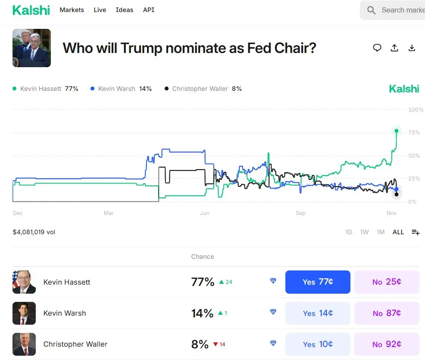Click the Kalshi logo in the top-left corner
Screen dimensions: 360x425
[x=31, y=10]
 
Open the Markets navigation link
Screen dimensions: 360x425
[x=72, y=10]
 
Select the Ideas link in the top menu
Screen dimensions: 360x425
[x=125, y=10]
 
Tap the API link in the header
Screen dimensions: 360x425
[x=149, y=10]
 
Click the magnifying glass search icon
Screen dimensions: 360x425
[x=371, y=10]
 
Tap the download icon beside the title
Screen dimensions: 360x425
[x=412, y=48]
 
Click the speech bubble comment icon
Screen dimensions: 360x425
[x=377, y=48]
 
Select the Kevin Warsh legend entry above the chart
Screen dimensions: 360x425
[x=121, y=89]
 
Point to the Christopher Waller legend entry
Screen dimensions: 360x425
[x=203, y=89]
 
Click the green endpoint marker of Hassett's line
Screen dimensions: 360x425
[x=397, y=130]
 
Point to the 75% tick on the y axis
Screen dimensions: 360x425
[x=414, y=133]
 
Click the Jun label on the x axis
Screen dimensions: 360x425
[x=205, y=213]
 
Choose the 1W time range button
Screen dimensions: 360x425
[x=365, y=232]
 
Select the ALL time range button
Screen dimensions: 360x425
[x=398, y=232]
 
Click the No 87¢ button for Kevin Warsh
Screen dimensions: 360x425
[x=387, y=313]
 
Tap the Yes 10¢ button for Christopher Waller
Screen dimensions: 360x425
[x=318, y=344]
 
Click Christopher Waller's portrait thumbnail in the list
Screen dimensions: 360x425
[x=24, y=344]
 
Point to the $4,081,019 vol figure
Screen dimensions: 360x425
[x=34, y=232]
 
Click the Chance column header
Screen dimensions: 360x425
[x=203, y=257]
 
